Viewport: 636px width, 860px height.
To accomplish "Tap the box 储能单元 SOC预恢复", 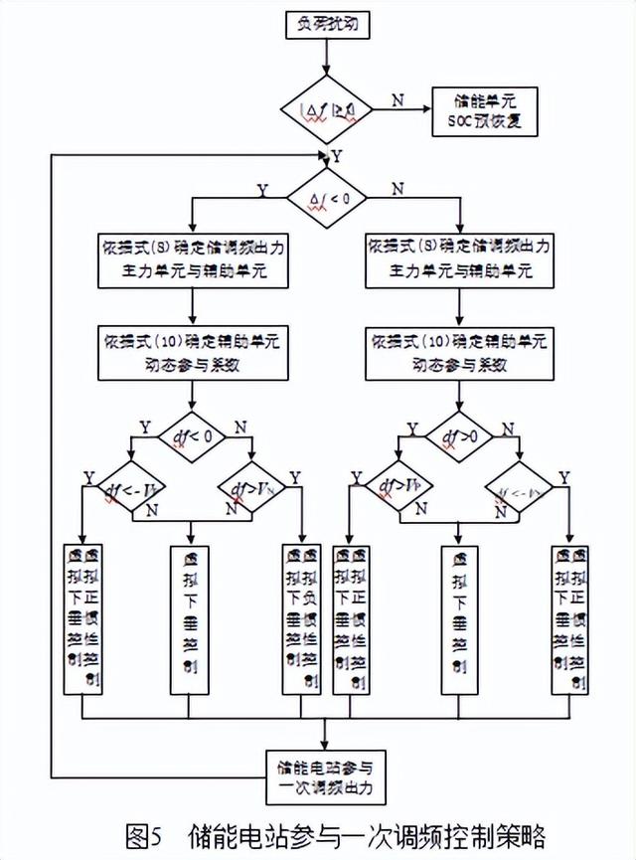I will coord(484,113).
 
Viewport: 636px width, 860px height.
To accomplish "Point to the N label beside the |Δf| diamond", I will coord(398,99).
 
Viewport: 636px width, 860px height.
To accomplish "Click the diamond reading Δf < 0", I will coord(325,199).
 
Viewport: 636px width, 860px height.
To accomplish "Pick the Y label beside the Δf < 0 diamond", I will coord(262,188).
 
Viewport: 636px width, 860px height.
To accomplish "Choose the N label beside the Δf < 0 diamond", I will coord(397,188).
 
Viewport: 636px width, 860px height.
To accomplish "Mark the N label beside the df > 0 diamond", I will coord(508,428).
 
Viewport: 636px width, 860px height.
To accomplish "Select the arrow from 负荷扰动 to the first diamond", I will coord(325,58).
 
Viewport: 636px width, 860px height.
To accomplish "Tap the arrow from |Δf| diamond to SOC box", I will coord(403,106).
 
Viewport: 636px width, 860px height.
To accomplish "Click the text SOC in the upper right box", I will coord(461,125).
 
